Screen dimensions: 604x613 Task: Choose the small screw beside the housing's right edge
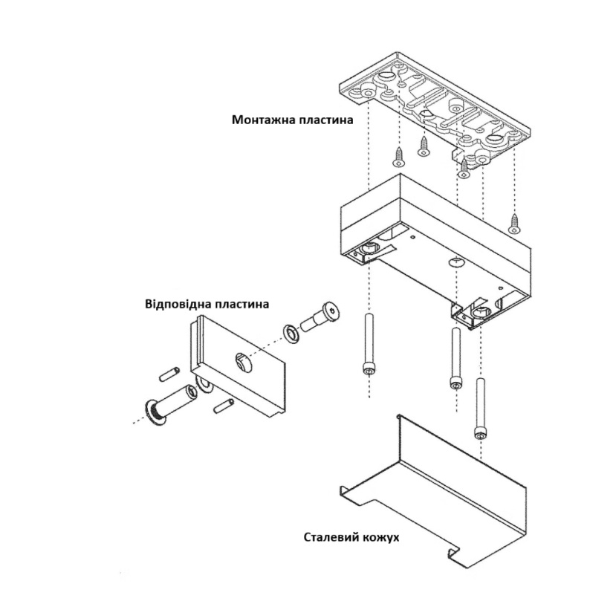513,222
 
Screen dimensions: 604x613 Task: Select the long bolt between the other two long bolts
455,359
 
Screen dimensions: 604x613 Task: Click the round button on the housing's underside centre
455,262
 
